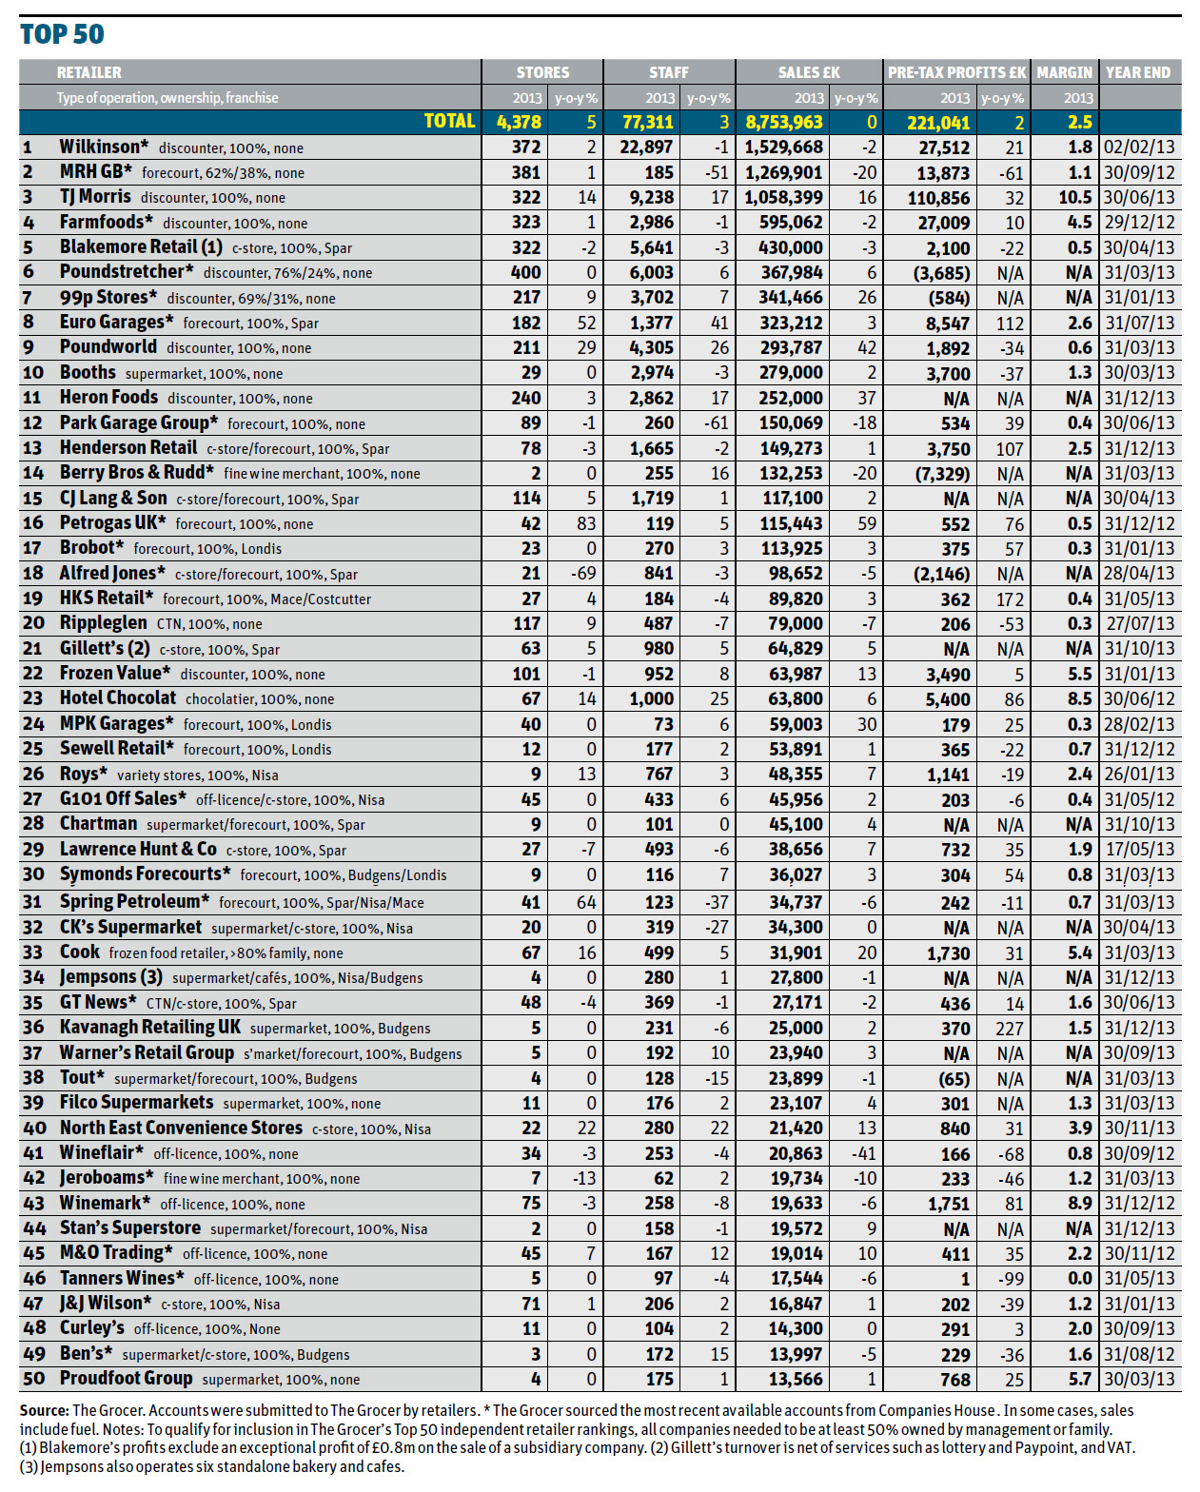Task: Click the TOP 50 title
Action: [62, 34]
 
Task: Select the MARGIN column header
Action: [1064, 72]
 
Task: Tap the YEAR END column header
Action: [1138, 72]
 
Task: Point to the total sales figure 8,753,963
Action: [784, 123]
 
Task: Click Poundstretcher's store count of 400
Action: [525, 272]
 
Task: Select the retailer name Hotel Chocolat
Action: [118, 697]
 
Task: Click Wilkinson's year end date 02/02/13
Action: [1139, 147]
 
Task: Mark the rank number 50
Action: [33, 1379]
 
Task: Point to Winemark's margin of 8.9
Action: [1079, 1203]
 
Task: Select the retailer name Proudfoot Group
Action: [126, 1379]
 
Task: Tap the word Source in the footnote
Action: [44, 1410]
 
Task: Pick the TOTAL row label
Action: [449, 122]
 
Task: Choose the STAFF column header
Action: [669, 72]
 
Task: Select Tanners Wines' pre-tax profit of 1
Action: [965, 1279]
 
